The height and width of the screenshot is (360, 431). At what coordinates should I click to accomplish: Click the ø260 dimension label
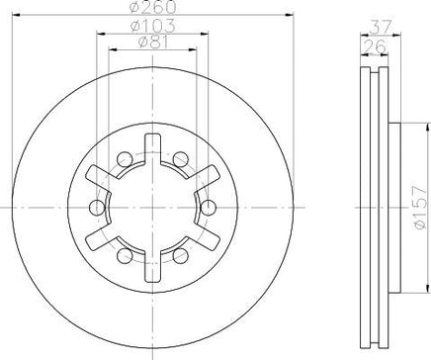153,7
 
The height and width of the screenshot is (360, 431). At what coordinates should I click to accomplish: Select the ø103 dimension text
152,26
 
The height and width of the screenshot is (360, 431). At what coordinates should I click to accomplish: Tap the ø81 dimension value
153,42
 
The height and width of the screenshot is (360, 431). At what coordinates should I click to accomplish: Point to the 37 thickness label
381,27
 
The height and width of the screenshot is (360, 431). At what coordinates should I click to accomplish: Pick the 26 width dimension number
375,46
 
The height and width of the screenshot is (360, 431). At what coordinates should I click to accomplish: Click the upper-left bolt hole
125,159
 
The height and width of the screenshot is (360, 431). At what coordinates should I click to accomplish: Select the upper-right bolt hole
181,159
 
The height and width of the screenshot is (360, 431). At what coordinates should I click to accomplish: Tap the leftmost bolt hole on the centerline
97,208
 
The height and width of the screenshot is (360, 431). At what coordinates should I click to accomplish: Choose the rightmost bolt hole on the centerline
209,208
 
